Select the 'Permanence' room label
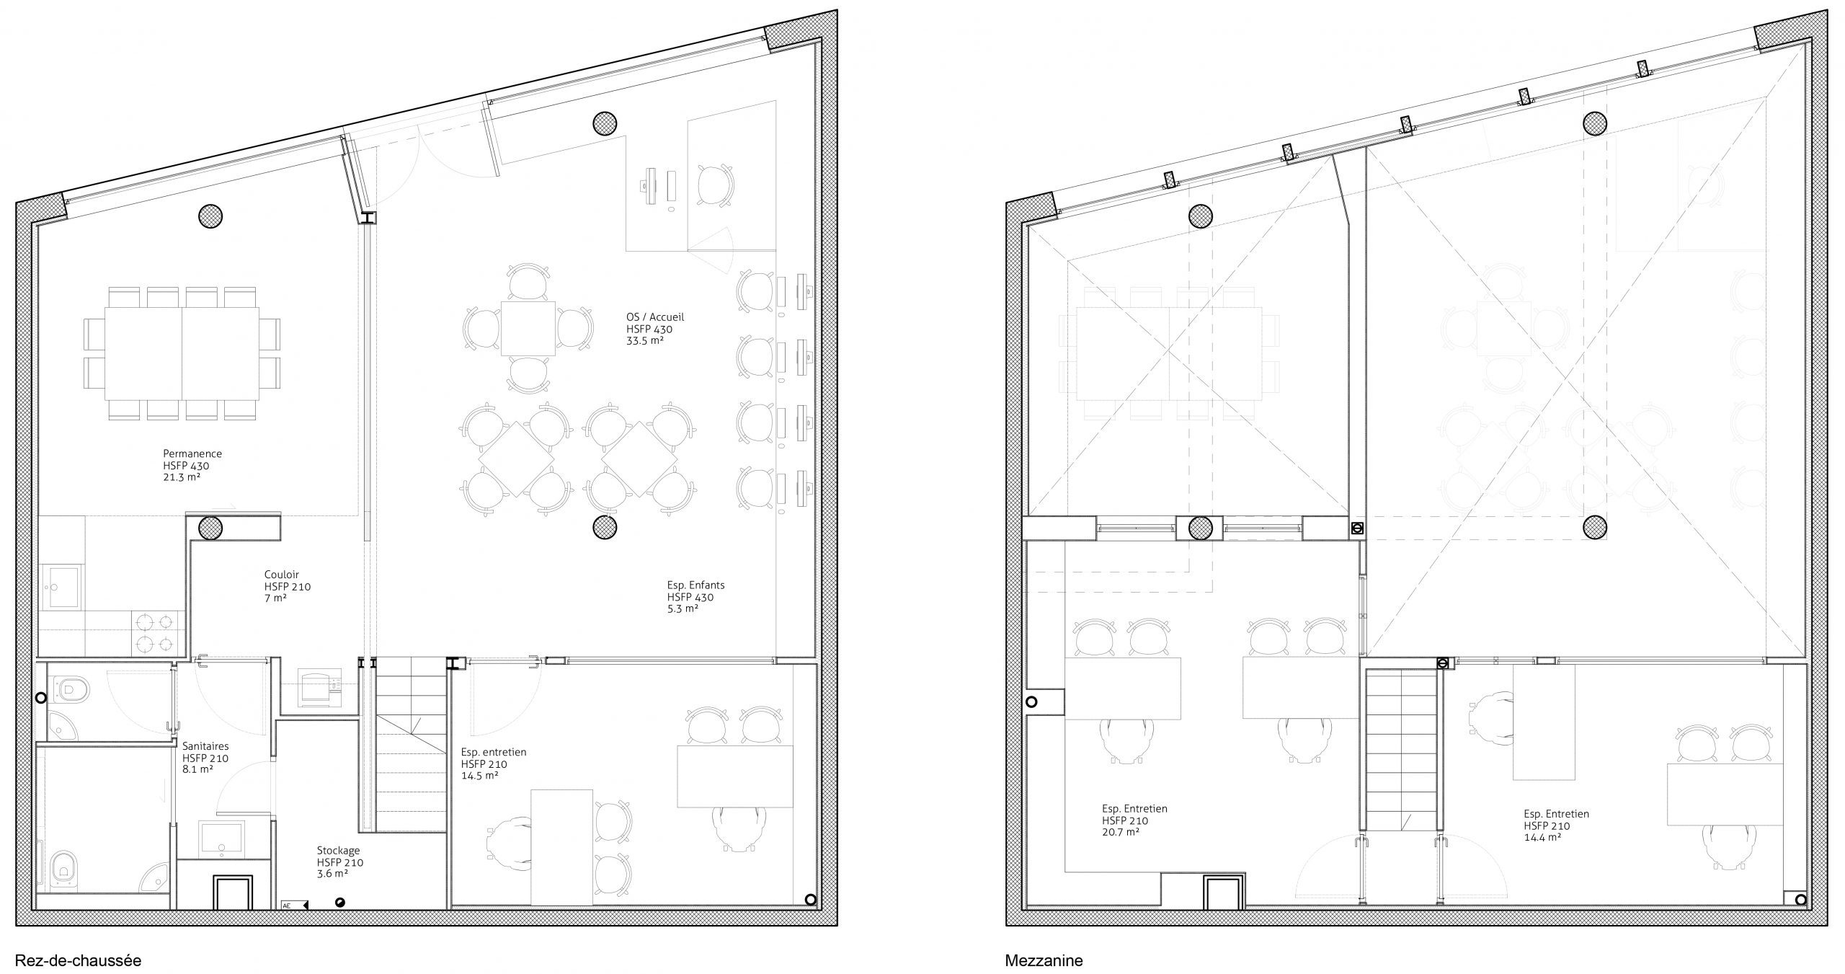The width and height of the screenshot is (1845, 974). point(192,453)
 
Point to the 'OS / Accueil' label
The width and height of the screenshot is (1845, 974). point(655,316)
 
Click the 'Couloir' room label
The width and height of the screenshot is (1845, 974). point(281,575)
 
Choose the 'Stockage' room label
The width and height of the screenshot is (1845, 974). point(338,851)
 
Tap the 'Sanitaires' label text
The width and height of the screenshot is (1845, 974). point(205,747)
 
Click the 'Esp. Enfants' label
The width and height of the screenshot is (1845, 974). point(695,585)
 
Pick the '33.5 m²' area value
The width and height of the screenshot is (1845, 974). point(644,340)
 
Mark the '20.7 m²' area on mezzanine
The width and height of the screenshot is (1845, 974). point(1120,832)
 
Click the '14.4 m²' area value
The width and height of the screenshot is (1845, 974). point(1542,838)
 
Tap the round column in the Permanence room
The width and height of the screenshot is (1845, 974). point(210,215)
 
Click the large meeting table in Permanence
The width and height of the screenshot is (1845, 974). point(182,353)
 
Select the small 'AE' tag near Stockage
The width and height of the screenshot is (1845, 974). point(287,906)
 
